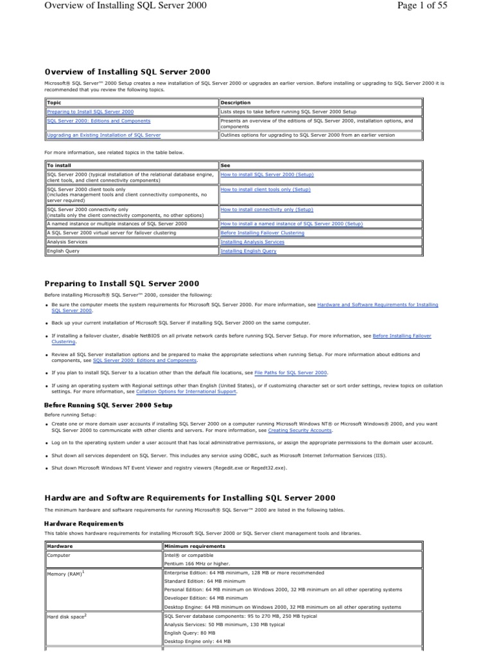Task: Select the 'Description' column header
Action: tap(236, 103)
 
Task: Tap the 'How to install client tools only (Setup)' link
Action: tap(265, 190)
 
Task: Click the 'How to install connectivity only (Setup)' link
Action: tap(266, 209)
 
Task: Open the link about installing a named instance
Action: tap(291, 224)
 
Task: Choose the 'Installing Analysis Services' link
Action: tap(252, 242)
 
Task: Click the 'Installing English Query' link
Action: tap(248, 252)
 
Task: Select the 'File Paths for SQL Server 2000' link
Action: tap(291, 372)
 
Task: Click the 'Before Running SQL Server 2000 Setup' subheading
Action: tap(108, 405)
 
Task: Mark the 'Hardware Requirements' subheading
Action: tap(83, 524)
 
